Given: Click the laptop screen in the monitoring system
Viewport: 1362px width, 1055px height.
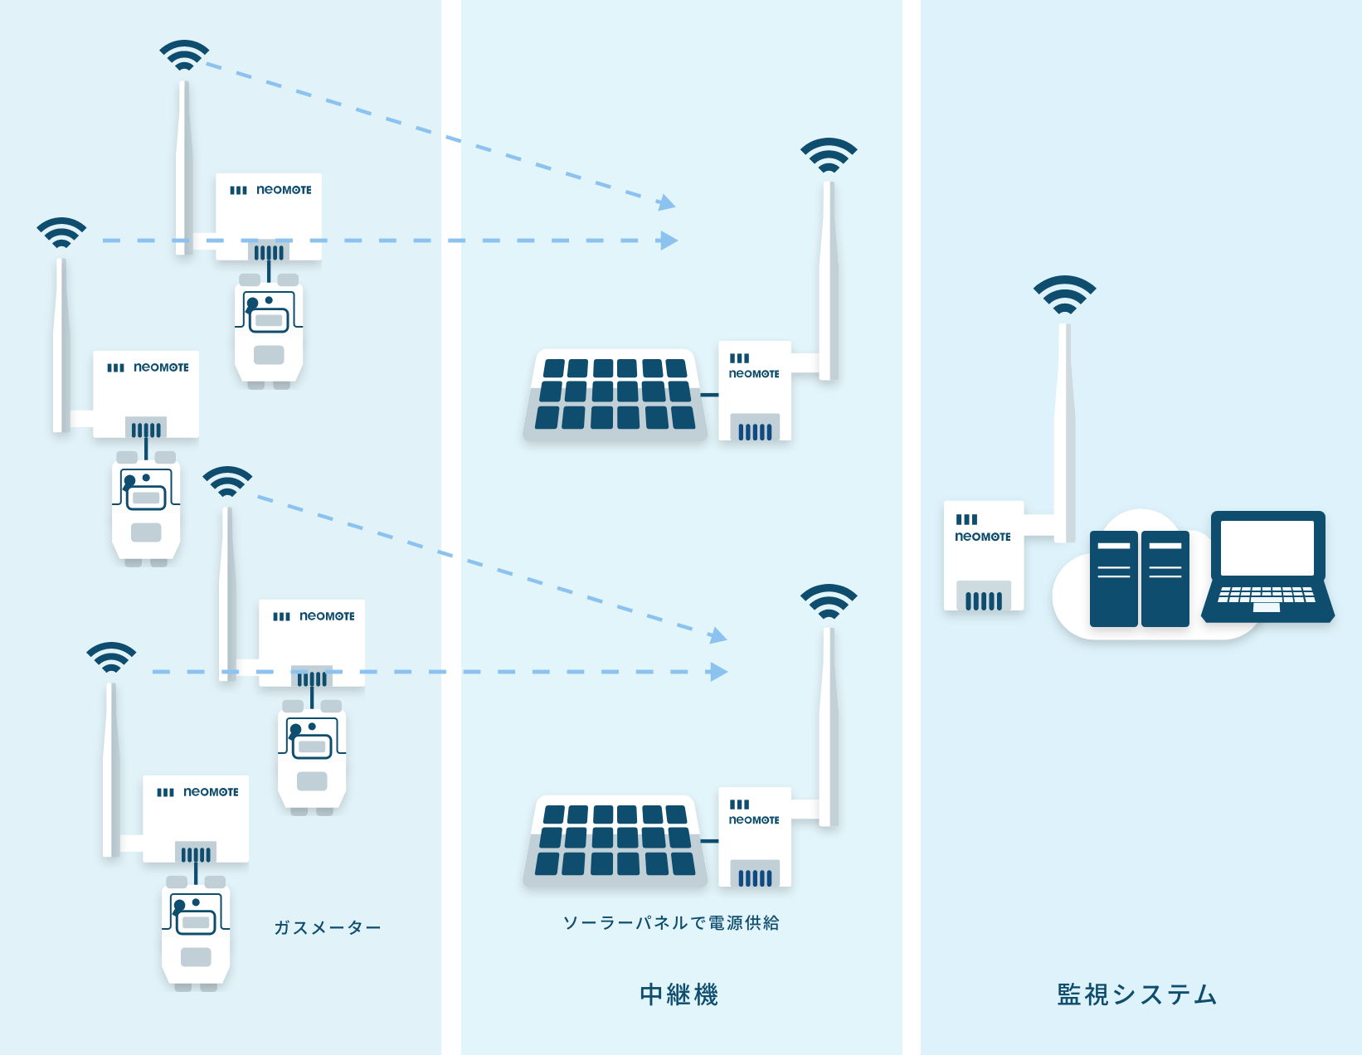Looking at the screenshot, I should [x=1267, y=547].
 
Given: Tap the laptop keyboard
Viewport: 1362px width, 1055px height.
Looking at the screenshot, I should [x=1266, y=596].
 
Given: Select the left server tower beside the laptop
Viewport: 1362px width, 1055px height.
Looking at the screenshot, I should [x=1113, y=578].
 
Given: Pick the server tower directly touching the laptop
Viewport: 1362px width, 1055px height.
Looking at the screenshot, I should [x=1165, y=578].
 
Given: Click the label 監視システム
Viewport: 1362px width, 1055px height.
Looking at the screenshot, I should [x=1136, y=994].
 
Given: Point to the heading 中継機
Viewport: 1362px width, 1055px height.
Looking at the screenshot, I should [x=679, y=994].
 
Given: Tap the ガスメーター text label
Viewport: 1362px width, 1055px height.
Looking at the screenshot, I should [x=327, y=927].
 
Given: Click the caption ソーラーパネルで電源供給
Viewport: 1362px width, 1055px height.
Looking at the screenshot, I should [x=671, y=922].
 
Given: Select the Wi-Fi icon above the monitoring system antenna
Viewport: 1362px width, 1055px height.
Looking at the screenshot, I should [x=1064, y=295].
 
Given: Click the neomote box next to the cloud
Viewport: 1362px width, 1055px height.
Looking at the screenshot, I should [x=984, y=556].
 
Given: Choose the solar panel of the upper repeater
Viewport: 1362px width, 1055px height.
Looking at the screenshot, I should [x=615, y=393].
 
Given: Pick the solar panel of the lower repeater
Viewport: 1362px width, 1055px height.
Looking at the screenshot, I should [x=615, y=839].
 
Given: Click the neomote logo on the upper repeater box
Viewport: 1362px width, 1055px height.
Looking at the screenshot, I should [x=754, y=374].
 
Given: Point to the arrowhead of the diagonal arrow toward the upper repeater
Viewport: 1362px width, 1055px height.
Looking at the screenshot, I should [x=667, y=202].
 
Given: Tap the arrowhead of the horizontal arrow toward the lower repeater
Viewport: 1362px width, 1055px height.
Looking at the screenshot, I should [x=718, y=672].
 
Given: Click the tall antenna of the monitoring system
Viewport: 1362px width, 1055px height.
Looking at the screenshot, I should [x=1064, y=431].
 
